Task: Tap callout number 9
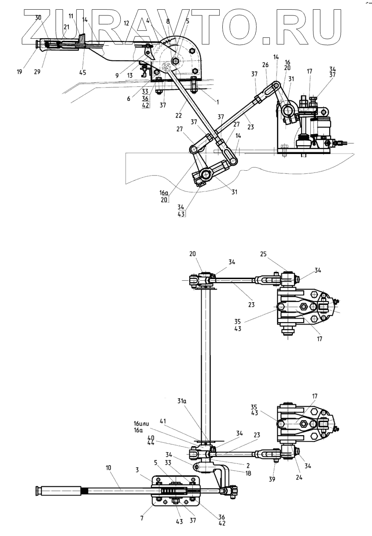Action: [x=117, y=75]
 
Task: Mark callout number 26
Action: [x=265, y=64]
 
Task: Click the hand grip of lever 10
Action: [x=57, y=490]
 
